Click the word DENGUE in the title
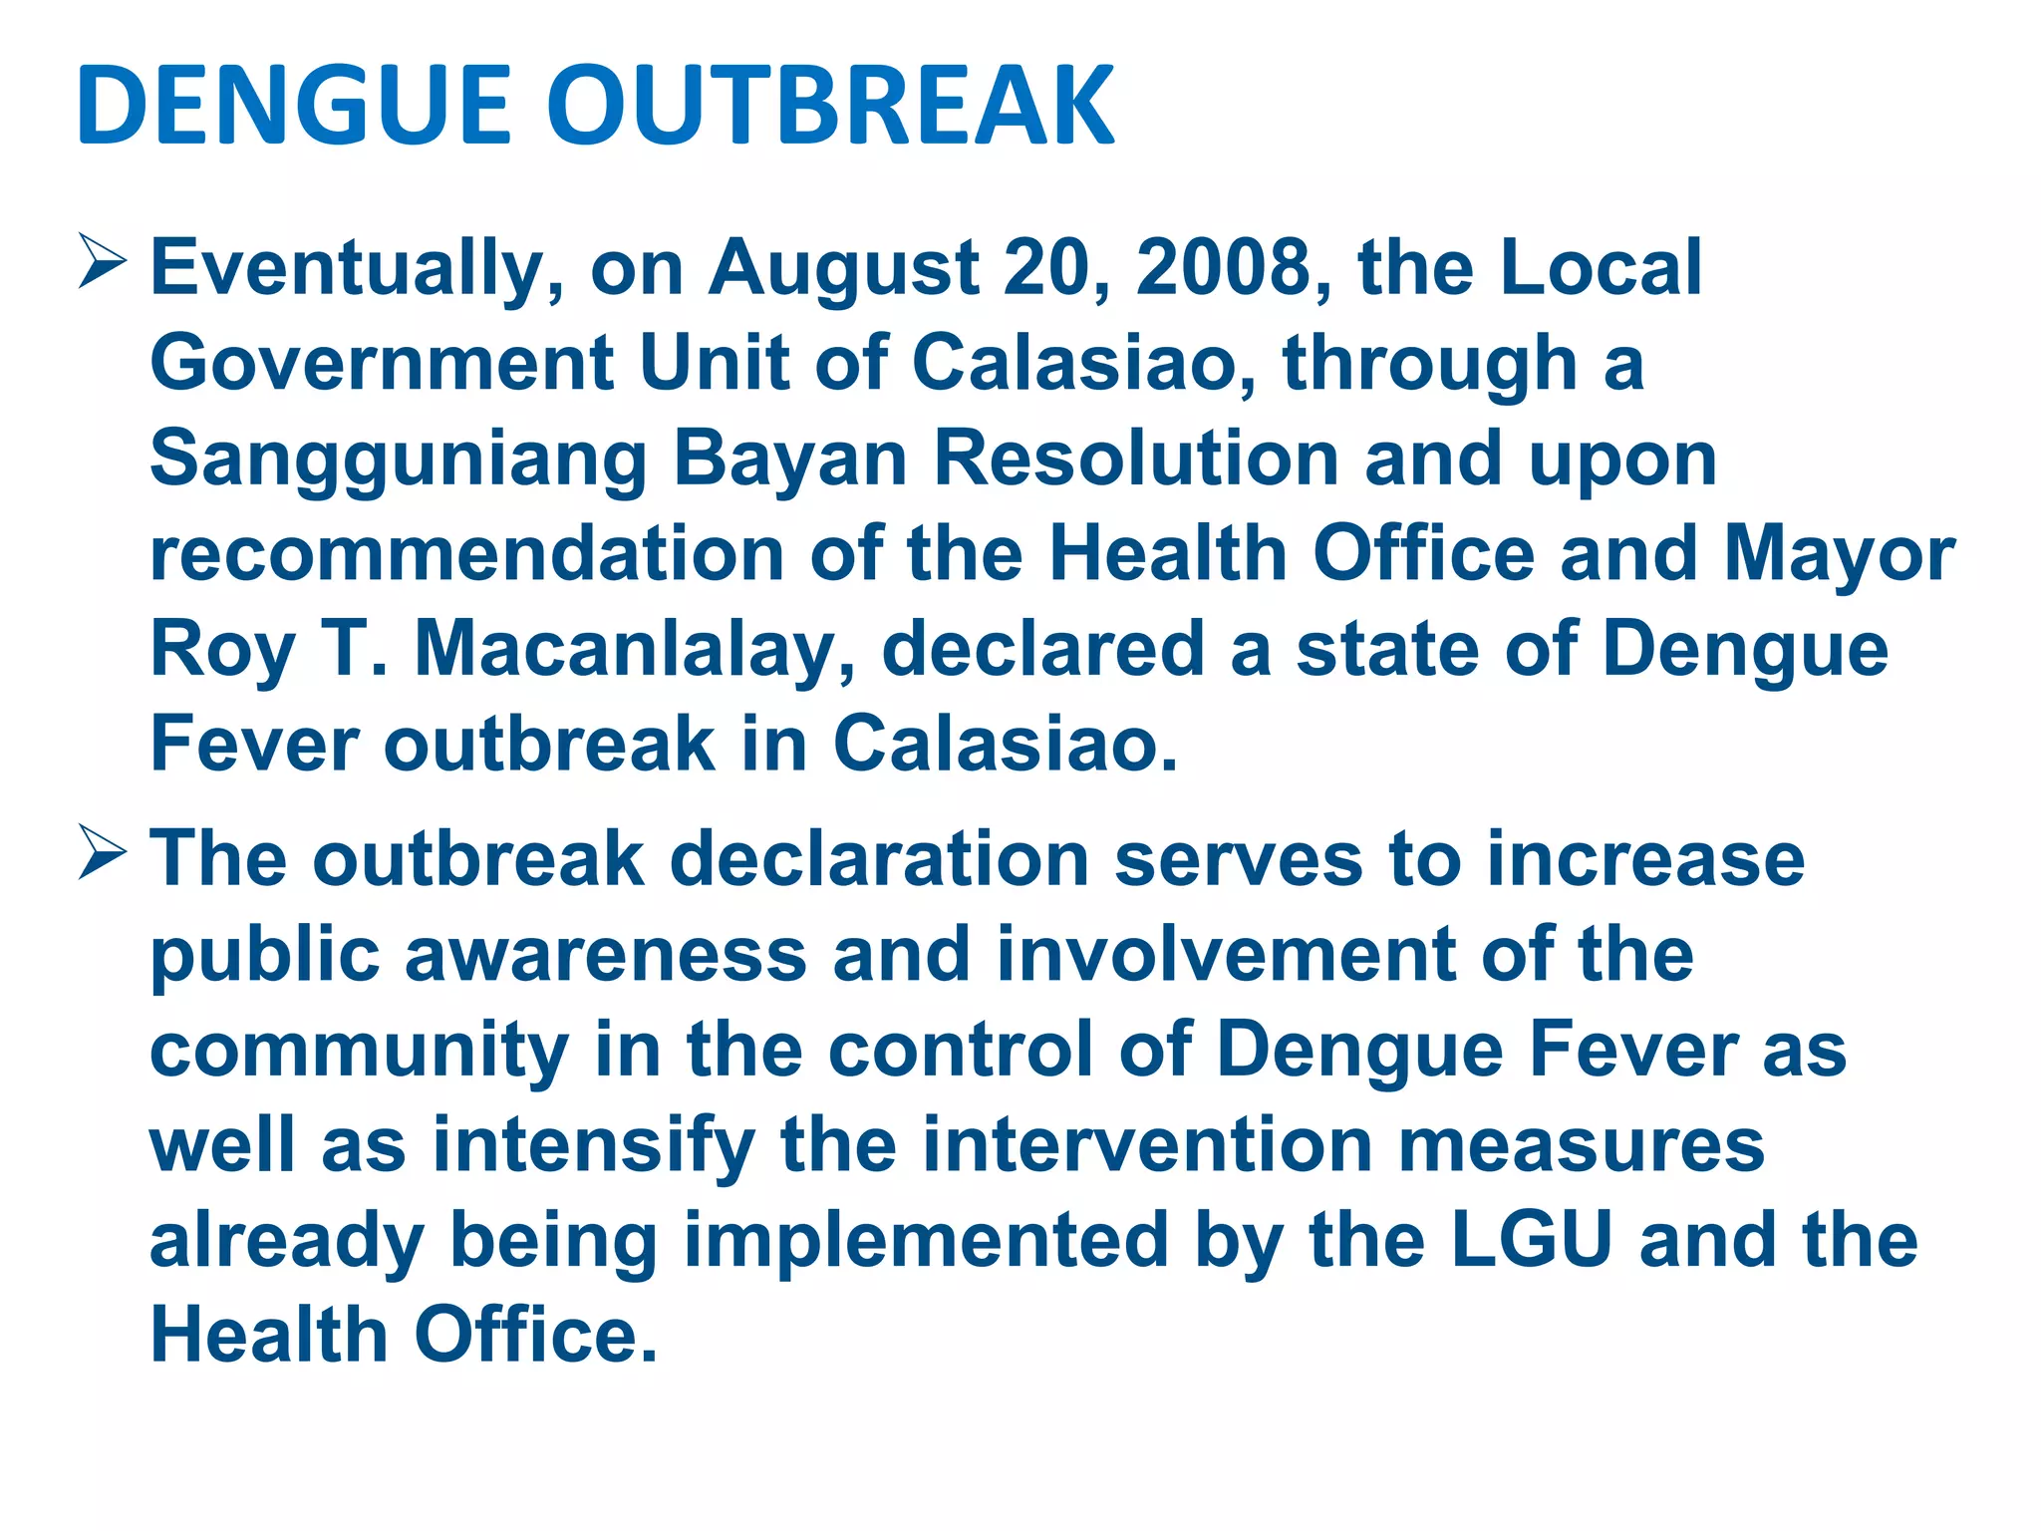pos(294,105)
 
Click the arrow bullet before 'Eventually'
pos(102,261)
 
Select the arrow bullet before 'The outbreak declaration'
pos(102,853)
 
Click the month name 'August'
pos(843,269)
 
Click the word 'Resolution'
pos(1135,458)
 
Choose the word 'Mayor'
pos(1840,556)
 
